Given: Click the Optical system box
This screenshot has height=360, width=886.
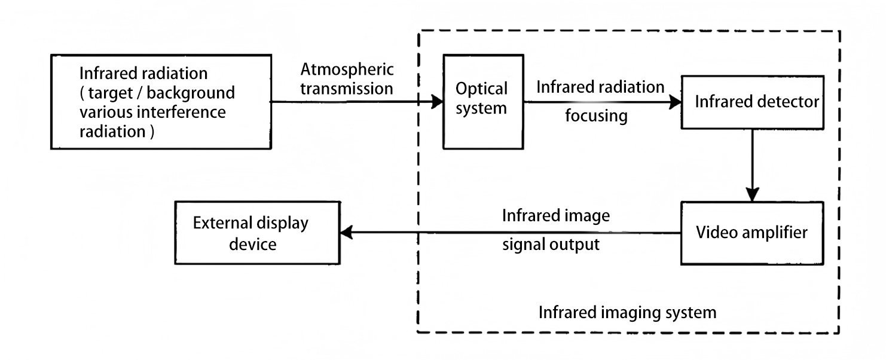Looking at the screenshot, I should [482, 102].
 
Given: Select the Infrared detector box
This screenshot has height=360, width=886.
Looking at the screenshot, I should [752, 102].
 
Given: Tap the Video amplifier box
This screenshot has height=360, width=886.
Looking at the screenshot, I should [751, 233].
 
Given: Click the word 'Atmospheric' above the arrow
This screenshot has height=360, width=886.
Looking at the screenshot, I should [347, 70].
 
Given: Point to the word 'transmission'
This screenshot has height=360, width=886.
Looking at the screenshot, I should [347, 90].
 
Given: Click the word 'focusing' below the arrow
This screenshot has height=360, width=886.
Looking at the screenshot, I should [596, 115].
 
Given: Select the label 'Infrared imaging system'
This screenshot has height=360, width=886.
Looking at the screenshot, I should [627, 312].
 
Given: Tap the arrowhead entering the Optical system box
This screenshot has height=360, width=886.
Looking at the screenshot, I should [436, 102].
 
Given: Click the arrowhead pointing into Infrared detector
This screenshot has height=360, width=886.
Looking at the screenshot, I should [676, 102].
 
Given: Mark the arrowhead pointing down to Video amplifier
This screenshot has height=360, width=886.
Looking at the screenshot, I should [752, 195].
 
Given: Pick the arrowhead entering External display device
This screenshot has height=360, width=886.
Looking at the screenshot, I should [346, 233].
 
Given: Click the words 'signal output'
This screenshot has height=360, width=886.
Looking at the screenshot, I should [551, 245].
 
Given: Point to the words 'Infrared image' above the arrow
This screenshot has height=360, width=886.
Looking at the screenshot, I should [556, 216].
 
